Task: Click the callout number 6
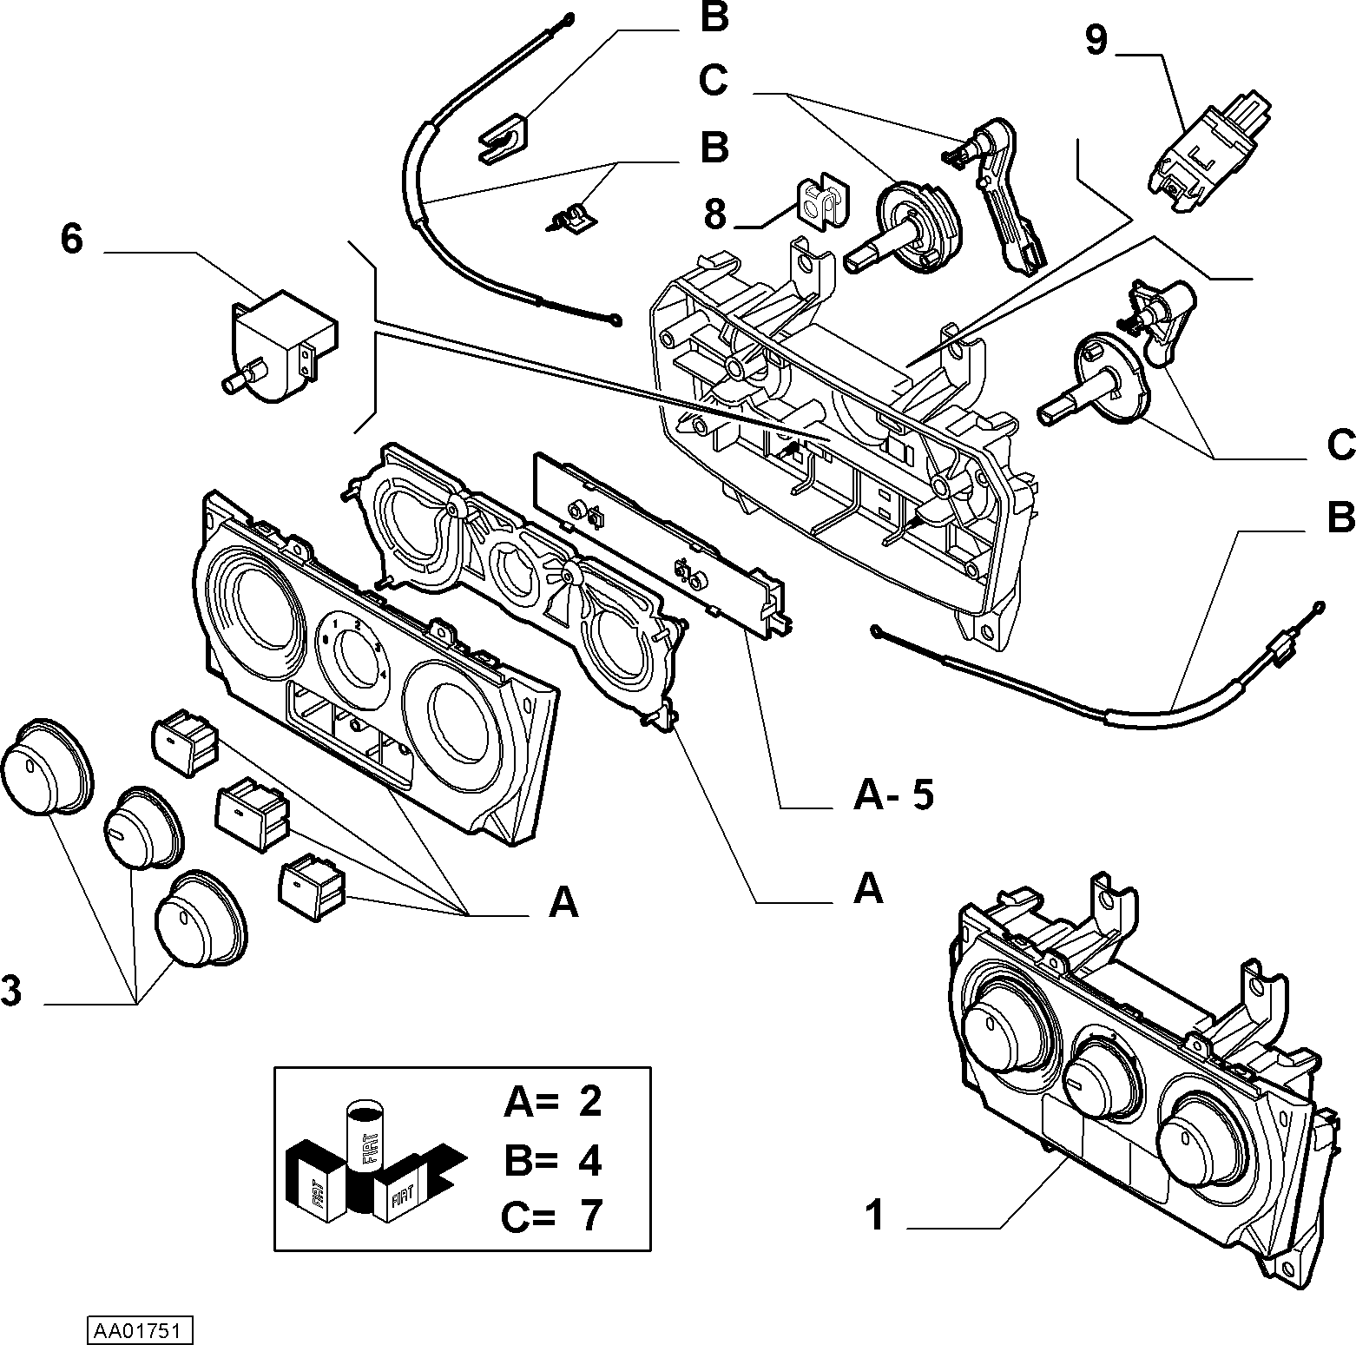[x=72, y=238]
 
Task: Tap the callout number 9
[x=1096, y=40]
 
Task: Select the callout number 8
[x=714, y=214]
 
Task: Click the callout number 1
[x=875, y=1215]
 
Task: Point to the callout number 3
[x=11, y=991]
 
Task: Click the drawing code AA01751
[x=139, y=1330]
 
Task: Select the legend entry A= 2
[x=553, y=1102]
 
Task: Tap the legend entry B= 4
[x=553, y=1159]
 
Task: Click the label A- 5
[x=893, y=794]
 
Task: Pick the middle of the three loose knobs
[x=142, y=828]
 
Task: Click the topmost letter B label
[x=714, y=18]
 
